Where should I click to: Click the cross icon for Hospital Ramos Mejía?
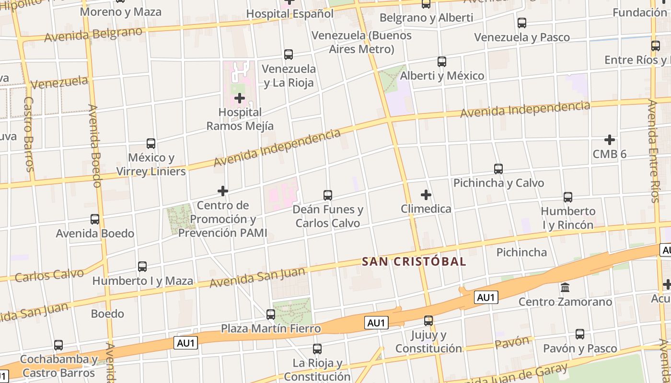pyautogui.click(x=240, y=98)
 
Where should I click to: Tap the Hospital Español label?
pyautogui.click(x=289, y=14)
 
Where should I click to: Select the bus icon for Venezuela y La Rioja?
pyautogui.click(x=289, y=55)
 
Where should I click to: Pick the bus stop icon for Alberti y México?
pyautogui.click(x=442, y=62)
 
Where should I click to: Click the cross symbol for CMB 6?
pyautogui.click(x=610, y=140)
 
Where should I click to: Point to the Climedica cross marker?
pyautogui.click(x=426, y=195)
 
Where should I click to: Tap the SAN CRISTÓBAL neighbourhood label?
pyautogui.click(x=414, y=261)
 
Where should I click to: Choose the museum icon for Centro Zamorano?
pyautogui.click(x=565, y=288)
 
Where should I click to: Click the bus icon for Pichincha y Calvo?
pyautogui.click(x=498, y=169)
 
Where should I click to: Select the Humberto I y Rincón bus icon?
pyautogui.click(x=568, y=197)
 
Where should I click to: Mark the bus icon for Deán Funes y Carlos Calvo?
pyautogui.click(x=328, y=195)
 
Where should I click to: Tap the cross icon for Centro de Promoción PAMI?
pyautogui.click(x=223, y=191)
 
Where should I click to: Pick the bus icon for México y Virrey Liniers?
pyautogui.click(x=151, y=144)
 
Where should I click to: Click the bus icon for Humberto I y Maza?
pyautogui.click(x=142, y=267)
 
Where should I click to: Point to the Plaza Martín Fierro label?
pyautogui.click(x=271, y=329)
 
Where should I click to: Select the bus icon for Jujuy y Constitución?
pyautogui.click(x=428, y=321)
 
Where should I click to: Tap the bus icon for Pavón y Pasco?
pyautogui.click(x=580, y=334)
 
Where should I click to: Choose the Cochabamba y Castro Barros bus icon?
pyautogui.click(x=58, y=345)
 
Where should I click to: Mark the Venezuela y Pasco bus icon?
pyautogui.click(x=522, y=23)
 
